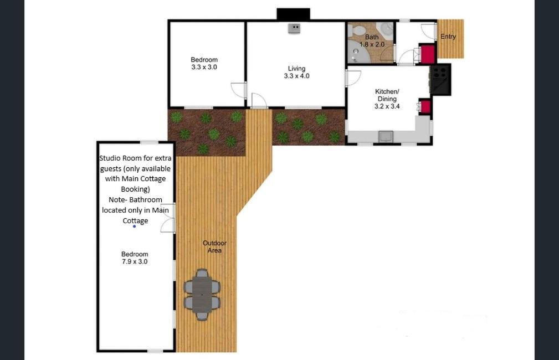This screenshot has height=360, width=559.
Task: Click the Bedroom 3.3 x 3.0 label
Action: tap(204, 64)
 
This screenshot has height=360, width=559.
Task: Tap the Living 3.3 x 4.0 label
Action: tap(296, 73)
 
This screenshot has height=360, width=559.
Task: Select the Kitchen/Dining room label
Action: tap(387, 99)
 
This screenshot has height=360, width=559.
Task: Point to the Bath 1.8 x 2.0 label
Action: tap(372, 40)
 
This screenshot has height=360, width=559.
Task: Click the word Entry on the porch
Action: tap(448, 37)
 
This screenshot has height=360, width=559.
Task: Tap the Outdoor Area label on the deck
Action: tap(214, 246)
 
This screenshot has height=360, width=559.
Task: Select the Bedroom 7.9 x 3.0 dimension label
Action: tap(135, 258)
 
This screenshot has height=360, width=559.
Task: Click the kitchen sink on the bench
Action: tap(386, 136)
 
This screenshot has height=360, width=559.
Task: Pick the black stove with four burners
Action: tap(440, 80)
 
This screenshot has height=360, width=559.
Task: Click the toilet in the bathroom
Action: tap(355, 30)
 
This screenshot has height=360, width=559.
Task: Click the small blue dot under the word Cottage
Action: tap(135, 227)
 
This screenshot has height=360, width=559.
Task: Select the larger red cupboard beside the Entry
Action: tap(427, 54)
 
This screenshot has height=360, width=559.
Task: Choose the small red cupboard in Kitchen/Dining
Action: tap(424, 106)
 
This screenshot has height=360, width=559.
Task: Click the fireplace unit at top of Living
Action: tap(294, 28)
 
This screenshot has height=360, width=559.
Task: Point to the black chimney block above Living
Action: tap(294, 14)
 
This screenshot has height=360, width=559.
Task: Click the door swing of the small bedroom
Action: tap(238, 90)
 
